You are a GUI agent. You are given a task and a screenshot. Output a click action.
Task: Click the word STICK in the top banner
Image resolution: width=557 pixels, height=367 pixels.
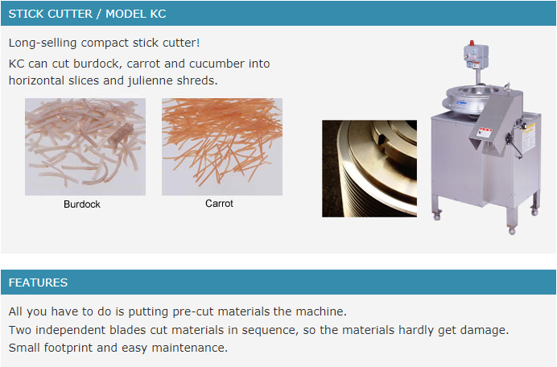(x=27, y=14)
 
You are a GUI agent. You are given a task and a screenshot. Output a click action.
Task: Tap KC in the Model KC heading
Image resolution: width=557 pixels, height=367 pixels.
(x=158, y=14)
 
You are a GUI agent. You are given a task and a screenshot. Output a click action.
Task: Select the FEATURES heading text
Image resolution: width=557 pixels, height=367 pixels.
(x=38, y=282)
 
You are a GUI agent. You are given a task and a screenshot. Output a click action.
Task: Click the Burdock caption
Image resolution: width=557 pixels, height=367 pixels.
(x=82, y=204)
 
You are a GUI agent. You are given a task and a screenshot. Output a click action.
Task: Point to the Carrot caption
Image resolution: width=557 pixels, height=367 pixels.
(x=219, y=204)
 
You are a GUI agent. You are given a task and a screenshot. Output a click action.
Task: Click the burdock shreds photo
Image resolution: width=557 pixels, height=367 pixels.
(x=85, y=146)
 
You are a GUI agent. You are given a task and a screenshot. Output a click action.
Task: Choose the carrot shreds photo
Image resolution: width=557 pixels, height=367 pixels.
(x=222, y=146)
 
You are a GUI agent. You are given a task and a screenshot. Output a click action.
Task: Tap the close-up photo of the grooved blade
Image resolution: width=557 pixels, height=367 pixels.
(x=369, y=168)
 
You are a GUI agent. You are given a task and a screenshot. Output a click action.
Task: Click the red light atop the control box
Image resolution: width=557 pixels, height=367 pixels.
(x=472, y=43)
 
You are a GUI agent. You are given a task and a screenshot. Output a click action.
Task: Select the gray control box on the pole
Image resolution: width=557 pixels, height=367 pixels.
(x=476, y=57)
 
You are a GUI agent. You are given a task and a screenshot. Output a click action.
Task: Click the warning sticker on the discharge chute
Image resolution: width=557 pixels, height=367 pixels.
(x=484, y=132)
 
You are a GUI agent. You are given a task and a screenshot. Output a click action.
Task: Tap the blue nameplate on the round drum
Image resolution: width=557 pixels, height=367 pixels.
(x=461, y=104)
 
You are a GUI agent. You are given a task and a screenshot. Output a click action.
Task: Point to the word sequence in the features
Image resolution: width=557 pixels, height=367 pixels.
(x=270, y=331)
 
